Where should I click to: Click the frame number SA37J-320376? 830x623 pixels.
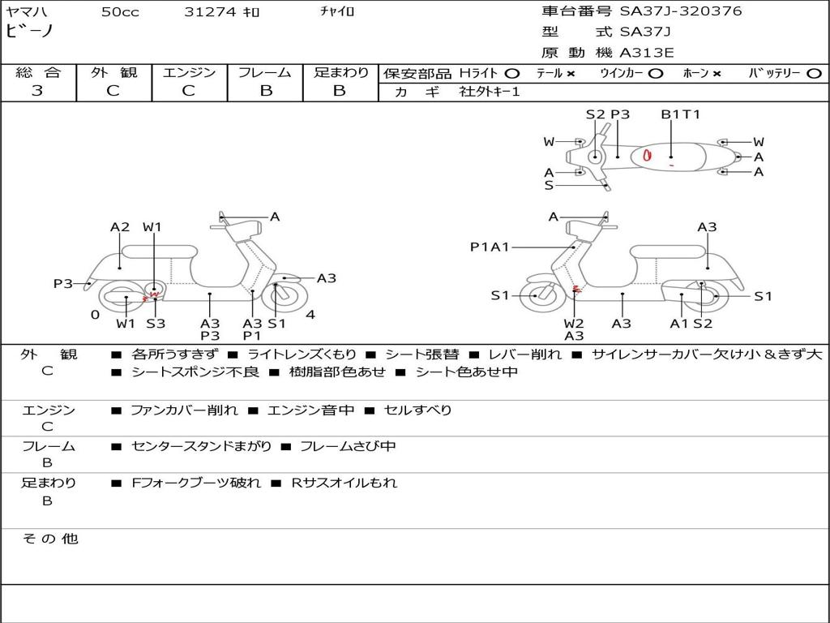pos(681,11)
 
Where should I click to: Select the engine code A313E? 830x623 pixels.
pos(646,53)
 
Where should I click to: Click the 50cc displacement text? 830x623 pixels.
pos(120,11)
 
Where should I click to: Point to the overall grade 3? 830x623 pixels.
pos(37,91)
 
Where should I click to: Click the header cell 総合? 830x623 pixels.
pos(38,72)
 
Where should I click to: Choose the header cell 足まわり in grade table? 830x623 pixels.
pos(340,72)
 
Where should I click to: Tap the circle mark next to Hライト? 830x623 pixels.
pos(512,73)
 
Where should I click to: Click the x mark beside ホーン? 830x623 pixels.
pos(717,74)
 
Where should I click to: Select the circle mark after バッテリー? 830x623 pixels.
pos(814,73)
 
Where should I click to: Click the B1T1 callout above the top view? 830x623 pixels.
pos(681,114)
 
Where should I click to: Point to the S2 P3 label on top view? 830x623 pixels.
pos(608,114)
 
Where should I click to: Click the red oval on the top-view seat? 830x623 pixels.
pos(647,155)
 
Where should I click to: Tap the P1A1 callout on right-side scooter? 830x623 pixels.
pos(490,247)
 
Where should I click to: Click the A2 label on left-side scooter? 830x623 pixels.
pos(120,227)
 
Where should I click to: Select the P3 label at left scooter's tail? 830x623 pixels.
pos(63,283)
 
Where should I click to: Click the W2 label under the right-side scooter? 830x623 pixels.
pos(574,323)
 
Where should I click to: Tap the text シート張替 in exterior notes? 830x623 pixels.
pos(421,354)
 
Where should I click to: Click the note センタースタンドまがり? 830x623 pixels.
pos(201,446)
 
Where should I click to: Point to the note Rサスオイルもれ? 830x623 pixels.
pos(344,483)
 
